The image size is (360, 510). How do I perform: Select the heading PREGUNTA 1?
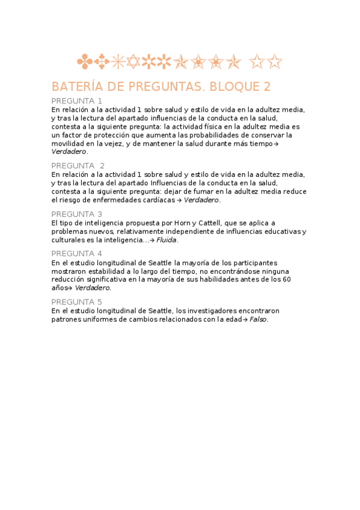76,100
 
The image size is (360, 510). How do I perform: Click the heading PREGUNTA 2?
78,165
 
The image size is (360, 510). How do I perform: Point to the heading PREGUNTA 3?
76,214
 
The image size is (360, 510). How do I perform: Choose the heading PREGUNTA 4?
76,254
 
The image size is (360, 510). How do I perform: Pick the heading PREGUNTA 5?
76,302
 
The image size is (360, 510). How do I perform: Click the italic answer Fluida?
167,240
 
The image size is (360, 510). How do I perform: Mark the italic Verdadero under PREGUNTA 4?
93,288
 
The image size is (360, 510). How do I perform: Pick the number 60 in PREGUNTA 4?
287,280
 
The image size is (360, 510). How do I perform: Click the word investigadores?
212,311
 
